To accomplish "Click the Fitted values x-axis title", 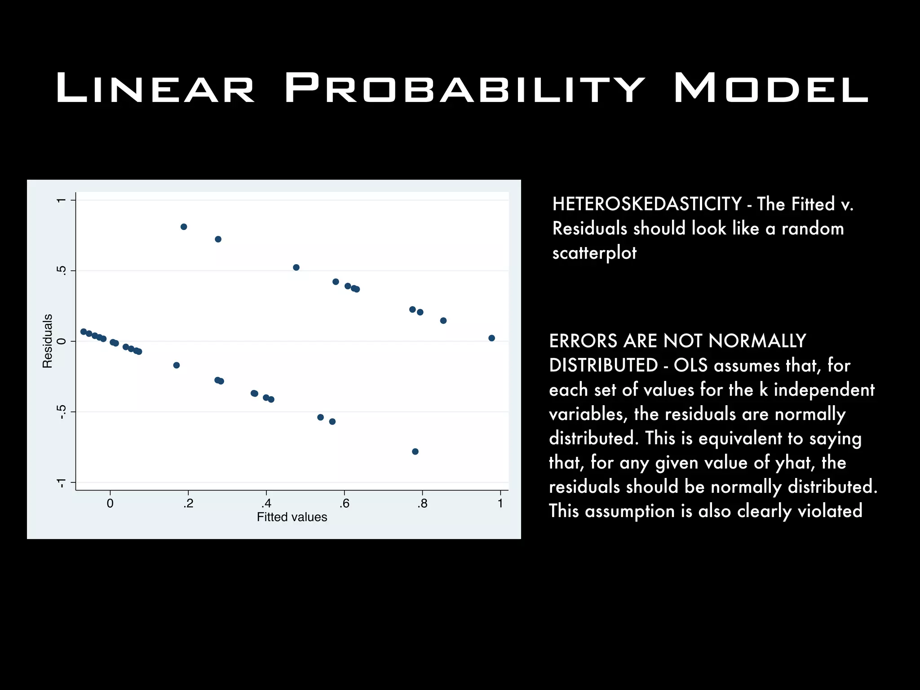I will [292, 517].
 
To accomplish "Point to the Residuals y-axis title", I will [48, 341].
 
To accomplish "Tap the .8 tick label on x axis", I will [422, 504].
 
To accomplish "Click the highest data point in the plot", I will [184, 227].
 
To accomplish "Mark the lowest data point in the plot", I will [415, 451].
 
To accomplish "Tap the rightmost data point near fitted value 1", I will [491, 338].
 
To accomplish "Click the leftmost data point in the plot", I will [84, 332].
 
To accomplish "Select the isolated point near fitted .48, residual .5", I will [296, 268].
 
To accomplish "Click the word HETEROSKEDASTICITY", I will [647, 204].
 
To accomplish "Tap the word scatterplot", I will [594, 253].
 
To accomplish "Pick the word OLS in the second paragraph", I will [690, 366].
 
